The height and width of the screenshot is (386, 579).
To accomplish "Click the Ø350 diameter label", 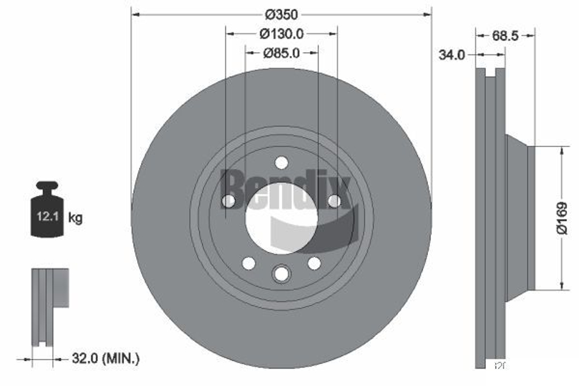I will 281,13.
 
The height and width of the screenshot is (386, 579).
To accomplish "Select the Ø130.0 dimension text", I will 281,34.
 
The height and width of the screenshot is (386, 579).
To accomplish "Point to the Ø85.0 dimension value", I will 281,53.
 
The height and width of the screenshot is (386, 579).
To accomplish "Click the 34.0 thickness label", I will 453,55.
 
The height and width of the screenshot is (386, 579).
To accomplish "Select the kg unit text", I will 75,218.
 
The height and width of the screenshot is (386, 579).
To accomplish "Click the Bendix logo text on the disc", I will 286,189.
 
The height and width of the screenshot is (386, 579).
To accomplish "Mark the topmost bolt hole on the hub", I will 281,163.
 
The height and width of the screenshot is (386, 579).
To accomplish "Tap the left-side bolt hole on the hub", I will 229,201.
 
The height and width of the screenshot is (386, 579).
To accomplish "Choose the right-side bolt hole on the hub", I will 334,201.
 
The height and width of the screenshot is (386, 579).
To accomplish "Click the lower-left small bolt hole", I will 249,263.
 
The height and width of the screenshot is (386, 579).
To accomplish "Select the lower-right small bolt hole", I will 314,263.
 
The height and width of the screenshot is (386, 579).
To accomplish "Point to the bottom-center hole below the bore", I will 281,273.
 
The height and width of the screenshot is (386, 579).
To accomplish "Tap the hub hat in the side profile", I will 519,218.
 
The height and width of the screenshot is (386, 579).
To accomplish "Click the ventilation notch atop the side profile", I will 490,73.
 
